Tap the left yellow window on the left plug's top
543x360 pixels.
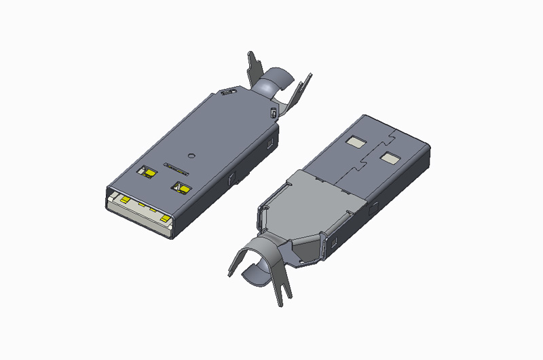[x=147, y=173]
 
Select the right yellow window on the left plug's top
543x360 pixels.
[x=182, y=187]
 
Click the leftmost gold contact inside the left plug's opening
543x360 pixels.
[x=125, y=200]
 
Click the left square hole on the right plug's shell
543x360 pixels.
[x=355, y=143]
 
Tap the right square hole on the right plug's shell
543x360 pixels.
[x=390, y=158]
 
